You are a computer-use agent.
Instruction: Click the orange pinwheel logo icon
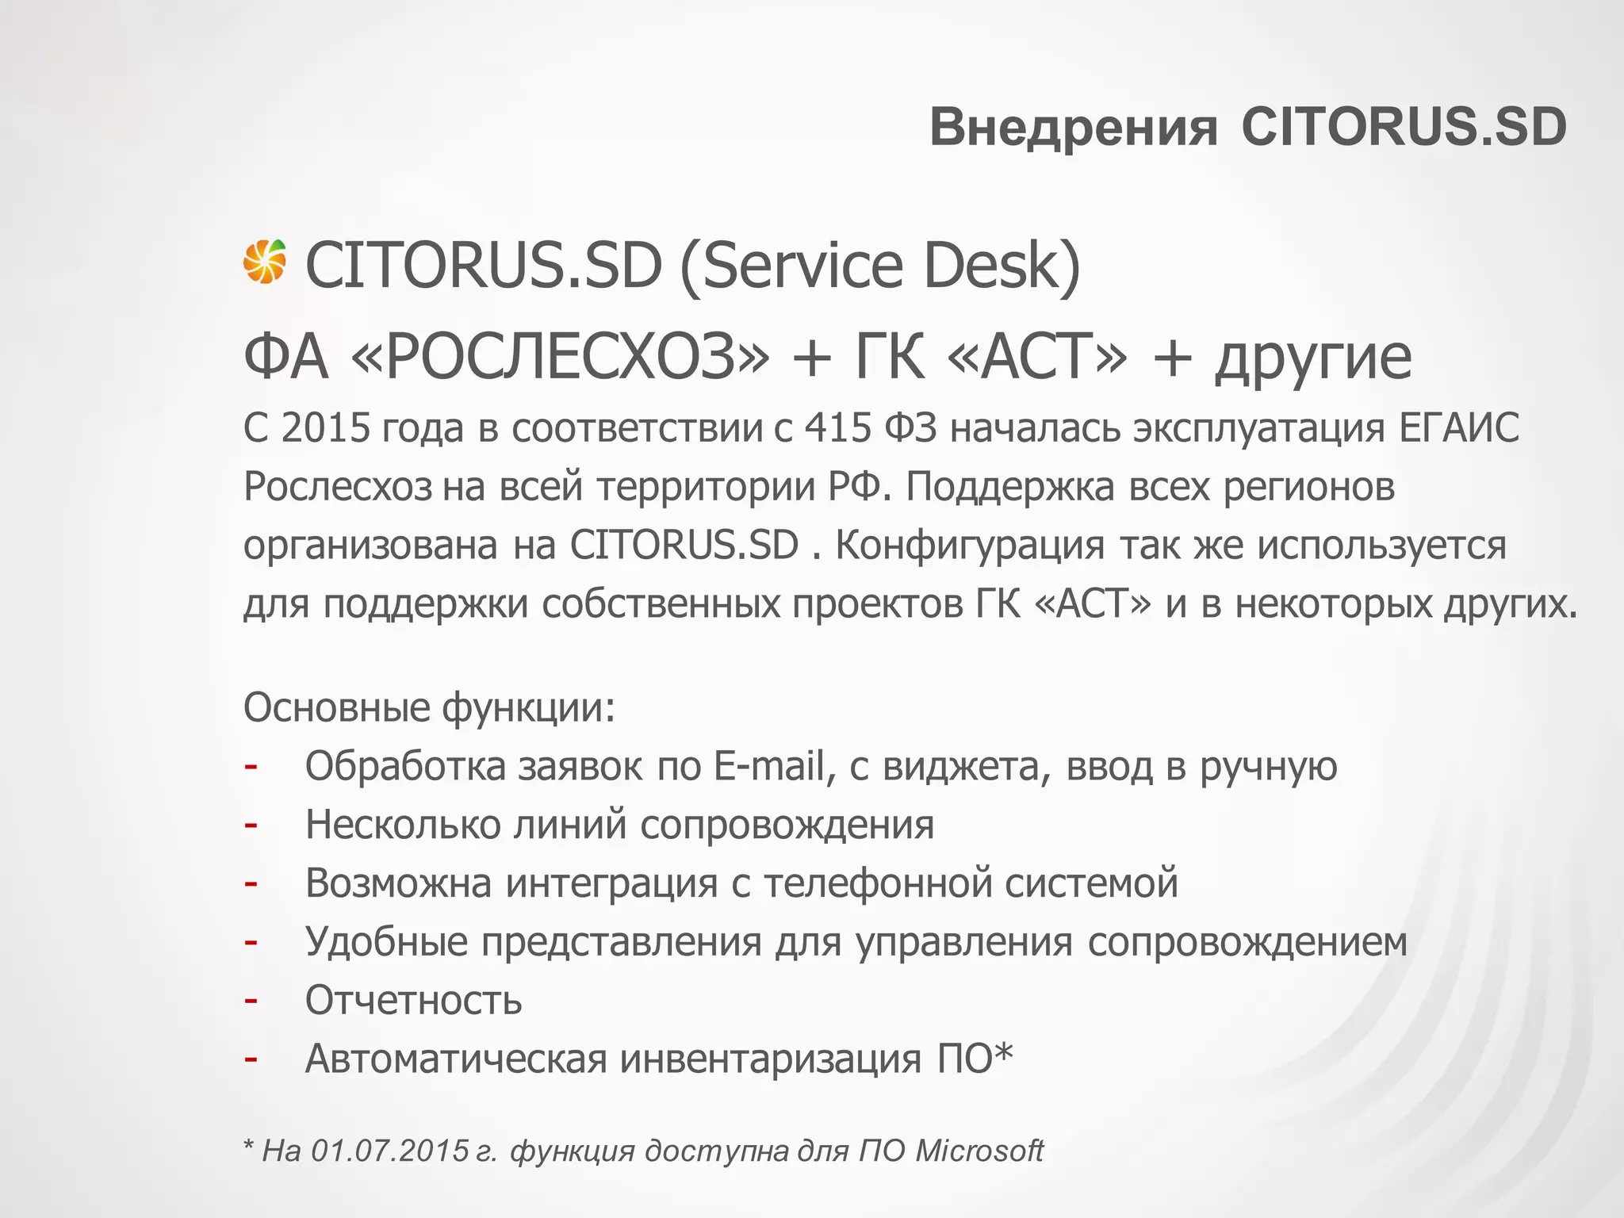click(x=264, y=262)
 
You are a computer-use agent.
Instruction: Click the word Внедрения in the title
click(x=1073, y=127)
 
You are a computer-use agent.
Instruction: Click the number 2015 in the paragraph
click(x=326, y=428)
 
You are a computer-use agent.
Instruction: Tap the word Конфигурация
click(x=970, y=546)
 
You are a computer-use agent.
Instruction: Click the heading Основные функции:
click(x=429, y=707)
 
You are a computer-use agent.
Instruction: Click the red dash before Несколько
click(x=251, y=825)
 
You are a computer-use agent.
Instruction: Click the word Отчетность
click(x=414, y=1000)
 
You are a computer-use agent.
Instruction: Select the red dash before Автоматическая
click(x=251, y=1059)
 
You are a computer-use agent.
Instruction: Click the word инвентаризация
click(x=771, y=1059)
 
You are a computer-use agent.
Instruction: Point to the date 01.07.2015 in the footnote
click(x=389, y=1151)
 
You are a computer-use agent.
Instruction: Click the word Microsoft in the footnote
click(x=979, y=1151)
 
